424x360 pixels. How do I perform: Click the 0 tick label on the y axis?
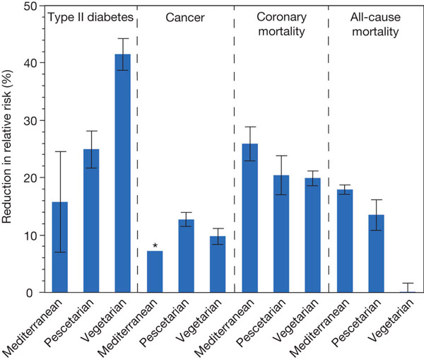(30, 293)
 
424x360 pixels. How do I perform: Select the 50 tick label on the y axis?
(26, 5)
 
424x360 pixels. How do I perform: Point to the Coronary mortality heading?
(281, 22)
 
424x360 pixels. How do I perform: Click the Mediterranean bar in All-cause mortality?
(345, 241)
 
